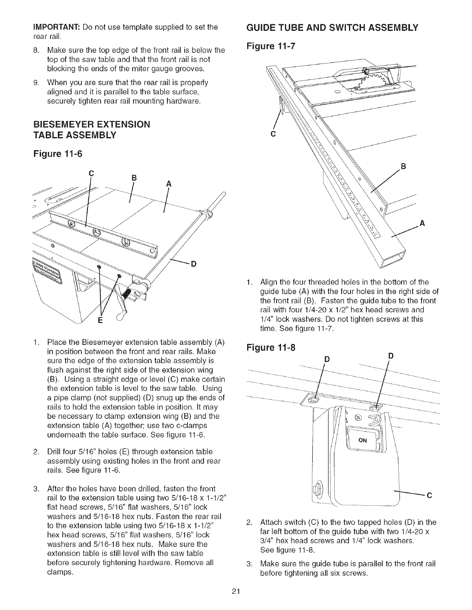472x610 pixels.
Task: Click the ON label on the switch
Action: (x=362, y=440)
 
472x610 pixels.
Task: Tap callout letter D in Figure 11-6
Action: (x=194, y=264)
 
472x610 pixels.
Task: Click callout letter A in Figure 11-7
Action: (x=422, y=223)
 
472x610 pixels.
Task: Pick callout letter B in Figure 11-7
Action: (x=403, y=166)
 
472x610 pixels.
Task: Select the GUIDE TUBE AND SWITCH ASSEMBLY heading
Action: (x=332, y=27)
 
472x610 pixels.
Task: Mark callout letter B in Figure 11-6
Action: (x=134, y=178)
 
